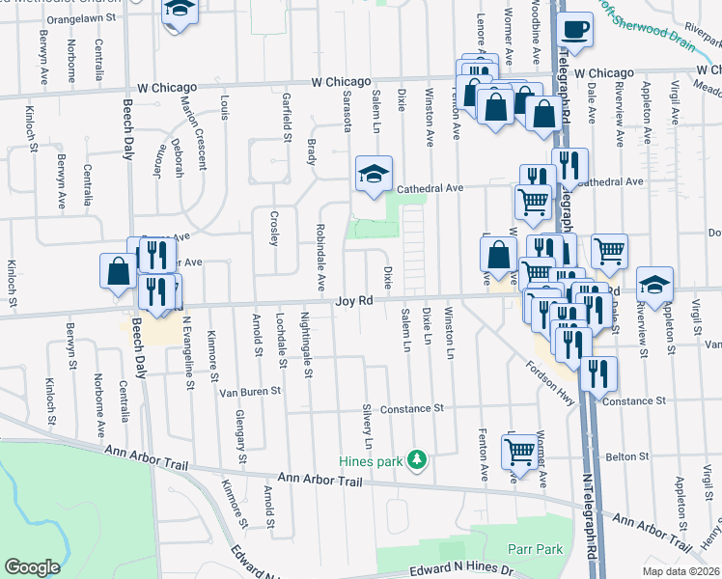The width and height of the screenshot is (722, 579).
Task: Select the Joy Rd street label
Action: (x=354, y=301)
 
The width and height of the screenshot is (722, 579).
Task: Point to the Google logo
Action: (x=32, y=566)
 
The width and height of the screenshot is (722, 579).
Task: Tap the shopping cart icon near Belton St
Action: (x=519, y=450)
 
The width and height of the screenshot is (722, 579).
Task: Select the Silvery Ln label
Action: (x=368, y=425)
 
